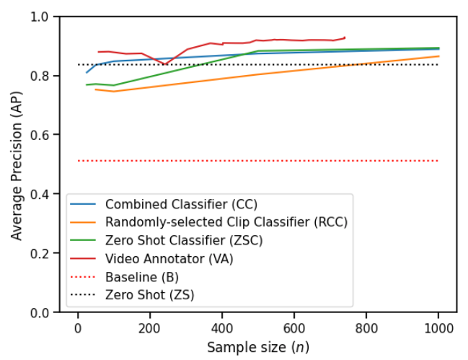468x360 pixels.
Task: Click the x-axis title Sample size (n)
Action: pyautogui.click(x=258, y=347)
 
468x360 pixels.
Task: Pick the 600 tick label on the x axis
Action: pyautogui.click(x=294, y=326)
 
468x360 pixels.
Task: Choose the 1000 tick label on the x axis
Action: pyautogui.click(x=438, y=326)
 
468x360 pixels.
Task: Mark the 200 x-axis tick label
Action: pyautogui.click(x=150, y=326)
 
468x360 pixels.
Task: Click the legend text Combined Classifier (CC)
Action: pyautogui.click(x=181, y=203)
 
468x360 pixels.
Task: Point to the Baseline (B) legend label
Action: pyautogui.click(x=142, y=276)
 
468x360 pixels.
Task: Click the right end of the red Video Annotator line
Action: pyautogui.click(x=345, y=38)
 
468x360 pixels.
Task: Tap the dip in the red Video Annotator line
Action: pyautogui.click(x=165, y=64)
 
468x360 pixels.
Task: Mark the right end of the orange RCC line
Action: pyautogui.click(x=438, y=56)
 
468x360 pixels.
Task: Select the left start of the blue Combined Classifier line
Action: pyautogui.click(x=87, y=72)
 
